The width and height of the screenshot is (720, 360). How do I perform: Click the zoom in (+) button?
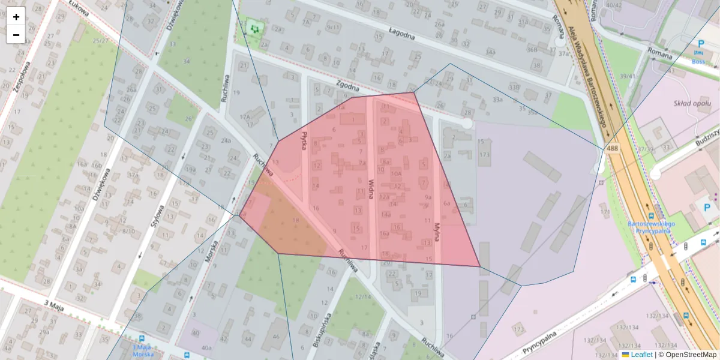16,17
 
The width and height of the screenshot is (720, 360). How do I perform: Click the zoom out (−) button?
16,35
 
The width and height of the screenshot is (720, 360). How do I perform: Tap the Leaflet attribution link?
641,355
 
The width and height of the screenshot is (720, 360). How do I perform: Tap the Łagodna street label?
402,36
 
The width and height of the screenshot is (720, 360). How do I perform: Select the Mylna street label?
437,231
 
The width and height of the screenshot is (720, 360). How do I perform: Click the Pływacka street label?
305,141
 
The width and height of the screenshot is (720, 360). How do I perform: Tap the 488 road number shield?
612,148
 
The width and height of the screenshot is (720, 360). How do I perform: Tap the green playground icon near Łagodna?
255,28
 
